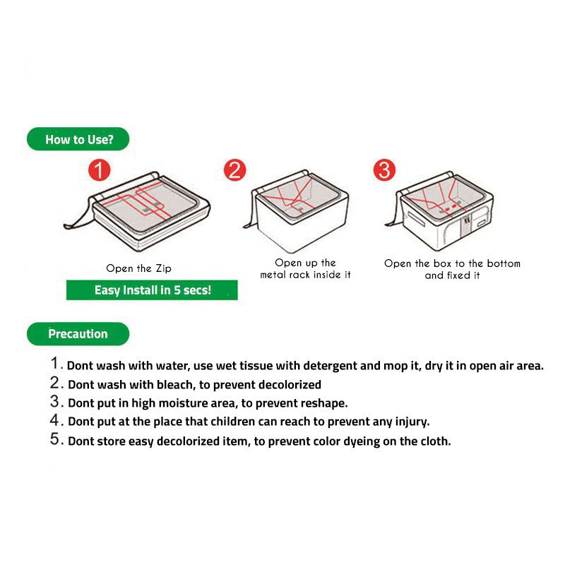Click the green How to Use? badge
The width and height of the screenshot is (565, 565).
point(78,139)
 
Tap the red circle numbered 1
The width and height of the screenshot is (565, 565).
point(99,170)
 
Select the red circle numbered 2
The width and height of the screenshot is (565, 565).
point(234,170)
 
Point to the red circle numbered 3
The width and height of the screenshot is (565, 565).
point(384,169)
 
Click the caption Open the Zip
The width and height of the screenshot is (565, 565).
point(138,268)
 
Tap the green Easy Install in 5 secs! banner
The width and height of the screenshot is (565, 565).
point(152,290)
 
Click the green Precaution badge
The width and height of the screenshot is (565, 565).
point(78,333)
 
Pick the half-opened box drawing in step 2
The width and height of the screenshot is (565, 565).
point(296,211)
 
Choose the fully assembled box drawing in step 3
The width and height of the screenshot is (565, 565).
point(439,210)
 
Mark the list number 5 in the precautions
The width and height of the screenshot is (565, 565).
point(55,439)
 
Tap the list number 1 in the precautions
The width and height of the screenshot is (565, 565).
point(55,363)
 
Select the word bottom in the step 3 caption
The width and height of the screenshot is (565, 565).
point(504,263)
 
